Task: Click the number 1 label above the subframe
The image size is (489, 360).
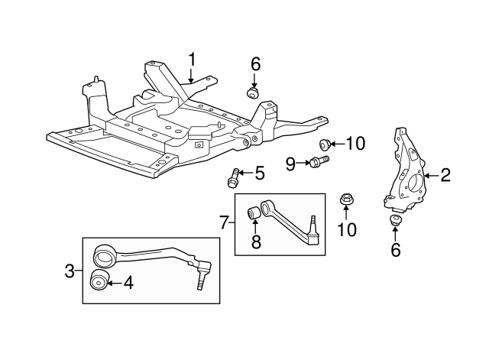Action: click(x=192, y=58)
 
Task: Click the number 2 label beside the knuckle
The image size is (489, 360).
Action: click(x=445, y=175)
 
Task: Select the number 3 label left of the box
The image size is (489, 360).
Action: click(x=69, y=270)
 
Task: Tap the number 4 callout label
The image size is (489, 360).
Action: click(x=128, y=283)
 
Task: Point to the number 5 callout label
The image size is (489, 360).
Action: click(x=259, y=174)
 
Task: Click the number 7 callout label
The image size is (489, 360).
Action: click(x=224, y=222)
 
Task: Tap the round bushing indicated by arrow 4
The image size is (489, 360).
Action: click(x=99, y=281)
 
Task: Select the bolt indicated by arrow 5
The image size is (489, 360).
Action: click(x=233, y=180)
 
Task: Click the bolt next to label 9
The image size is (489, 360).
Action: click(x=318, y=161)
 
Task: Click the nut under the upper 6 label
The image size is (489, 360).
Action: click(x=253, y=92)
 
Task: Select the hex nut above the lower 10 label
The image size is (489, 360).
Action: click(x=345, y=201)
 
